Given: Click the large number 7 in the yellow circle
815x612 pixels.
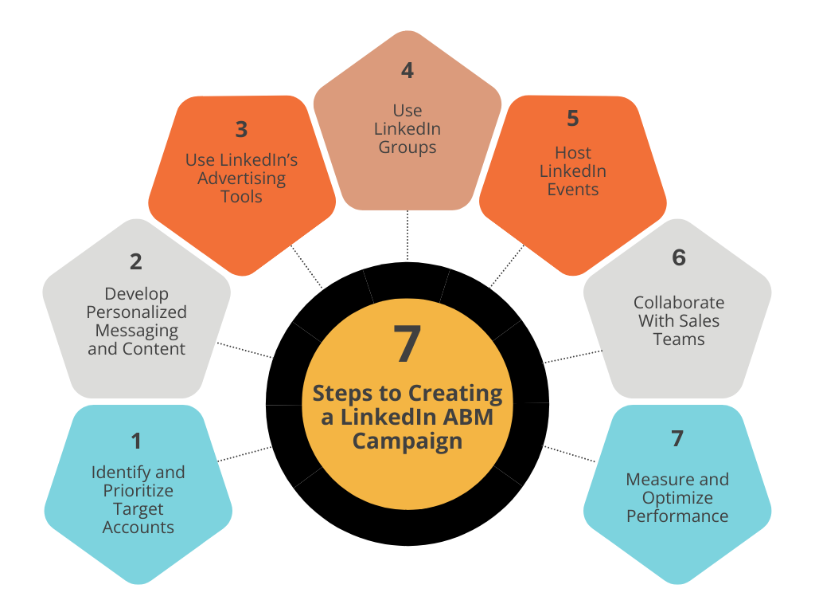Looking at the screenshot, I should [x=407, y=345].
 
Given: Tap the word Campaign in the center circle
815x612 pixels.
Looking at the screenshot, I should [x=407, y=441].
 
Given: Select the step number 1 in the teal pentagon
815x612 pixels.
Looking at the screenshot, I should [x=136, y=441].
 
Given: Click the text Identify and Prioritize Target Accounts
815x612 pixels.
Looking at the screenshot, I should [x=138, y=500].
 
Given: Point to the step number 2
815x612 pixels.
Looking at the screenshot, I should [x=136, y=261].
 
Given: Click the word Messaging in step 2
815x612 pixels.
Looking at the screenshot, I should [x=136, y=330].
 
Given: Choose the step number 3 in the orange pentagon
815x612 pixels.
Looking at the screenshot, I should [x=241, y=129].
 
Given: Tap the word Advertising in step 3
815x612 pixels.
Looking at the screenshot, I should [x=241, y=178].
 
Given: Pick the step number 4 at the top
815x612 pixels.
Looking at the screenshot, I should [x=407, y=71].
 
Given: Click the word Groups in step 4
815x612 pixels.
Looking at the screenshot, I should [x=407, y=147].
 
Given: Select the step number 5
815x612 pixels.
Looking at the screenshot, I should [x=572, y=119].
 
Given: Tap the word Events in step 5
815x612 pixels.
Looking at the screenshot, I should [x=572, y=190].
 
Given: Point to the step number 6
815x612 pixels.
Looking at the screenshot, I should [x=678, y=257].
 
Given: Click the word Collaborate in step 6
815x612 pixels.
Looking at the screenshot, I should [x=678, y=303].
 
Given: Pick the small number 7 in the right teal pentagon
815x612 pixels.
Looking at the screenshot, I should [x=677, y=438].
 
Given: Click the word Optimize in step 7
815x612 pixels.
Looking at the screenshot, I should [x=677, y=498].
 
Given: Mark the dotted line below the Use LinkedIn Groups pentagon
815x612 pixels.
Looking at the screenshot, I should [x=407, y=235].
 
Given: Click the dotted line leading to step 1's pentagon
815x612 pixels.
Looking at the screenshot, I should [x=245, y=453].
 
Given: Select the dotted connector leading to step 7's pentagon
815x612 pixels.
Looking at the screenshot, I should [x=569, y=453].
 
